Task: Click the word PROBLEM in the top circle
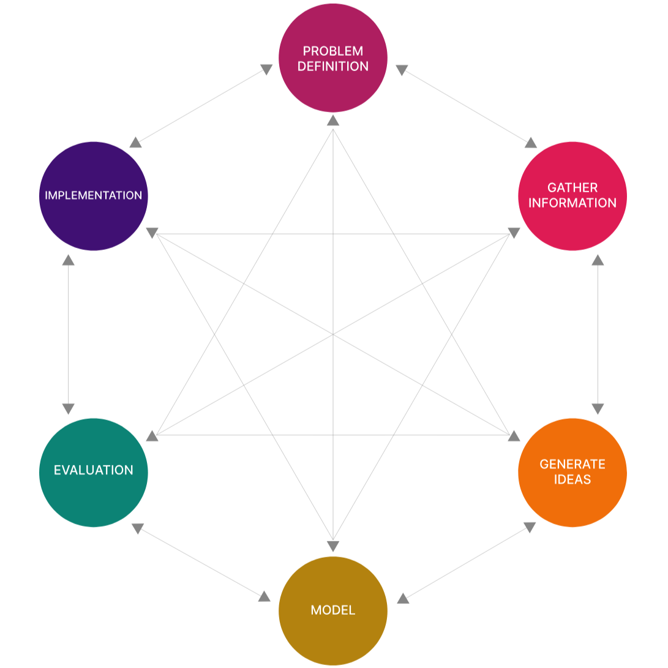click(332, 51)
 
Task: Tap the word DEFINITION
click(332, 66)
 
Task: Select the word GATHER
click(572, 187)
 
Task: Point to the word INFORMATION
click(572, 203)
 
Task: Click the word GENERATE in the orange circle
click(572, 464)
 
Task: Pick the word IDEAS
click(572, 479)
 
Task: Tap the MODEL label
click(332, 610)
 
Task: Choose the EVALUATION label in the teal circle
click(93, 470)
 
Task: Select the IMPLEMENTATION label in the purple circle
click(93, 195)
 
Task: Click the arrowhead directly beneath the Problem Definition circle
click(332, 120)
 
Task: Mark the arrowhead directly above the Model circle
click(332, 546)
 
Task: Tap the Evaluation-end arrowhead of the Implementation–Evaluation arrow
click(68, 408)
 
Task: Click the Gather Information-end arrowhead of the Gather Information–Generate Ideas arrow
click(598, 260)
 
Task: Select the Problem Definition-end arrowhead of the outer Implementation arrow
click(266, 70)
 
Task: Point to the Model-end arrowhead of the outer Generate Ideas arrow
click(403, 598)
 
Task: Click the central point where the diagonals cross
click(332, 334)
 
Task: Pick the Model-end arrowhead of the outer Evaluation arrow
click(264, 596)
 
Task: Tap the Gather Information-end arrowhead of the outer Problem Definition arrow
click(530, 143)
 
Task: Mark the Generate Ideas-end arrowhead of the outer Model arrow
click(530, 527)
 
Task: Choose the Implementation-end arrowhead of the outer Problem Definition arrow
click(136, 142)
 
